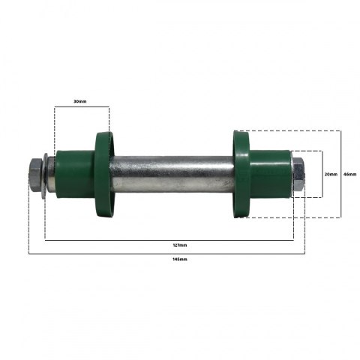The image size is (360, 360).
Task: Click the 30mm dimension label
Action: tap(80, 101)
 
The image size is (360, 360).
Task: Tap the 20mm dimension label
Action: tap(331, 174)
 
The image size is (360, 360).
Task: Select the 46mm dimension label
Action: tap(350, 174)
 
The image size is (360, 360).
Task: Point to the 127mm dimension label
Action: tap(180, 245)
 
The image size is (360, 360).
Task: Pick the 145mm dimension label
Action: tap(180, 259)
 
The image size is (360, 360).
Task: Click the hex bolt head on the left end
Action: tap(36, 175)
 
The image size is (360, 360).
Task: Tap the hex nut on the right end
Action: tap(298, 174)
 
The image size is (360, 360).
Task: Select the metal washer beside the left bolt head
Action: tap(45, 175)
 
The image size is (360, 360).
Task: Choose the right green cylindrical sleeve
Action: tap(270, 174)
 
